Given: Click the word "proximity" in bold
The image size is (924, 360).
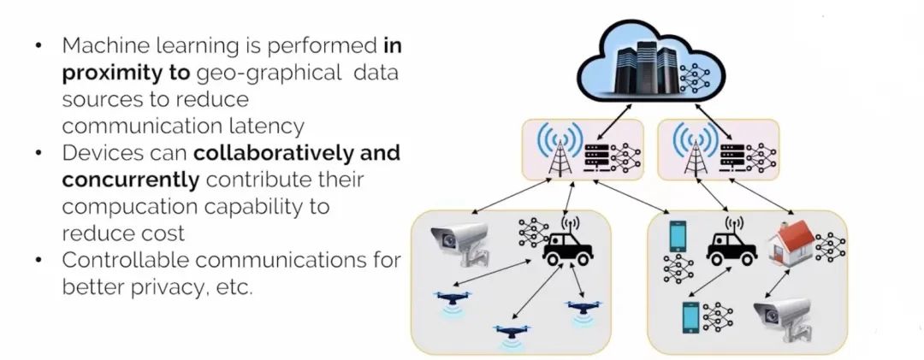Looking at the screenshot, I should coord(106,74).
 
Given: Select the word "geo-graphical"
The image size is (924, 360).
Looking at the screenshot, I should coord(269,74).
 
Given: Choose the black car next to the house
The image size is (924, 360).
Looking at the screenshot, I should coord(731,247).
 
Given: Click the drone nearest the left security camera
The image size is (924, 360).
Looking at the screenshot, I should coord(454,299).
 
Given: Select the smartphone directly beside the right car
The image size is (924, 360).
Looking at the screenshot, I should coord(678,237).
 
